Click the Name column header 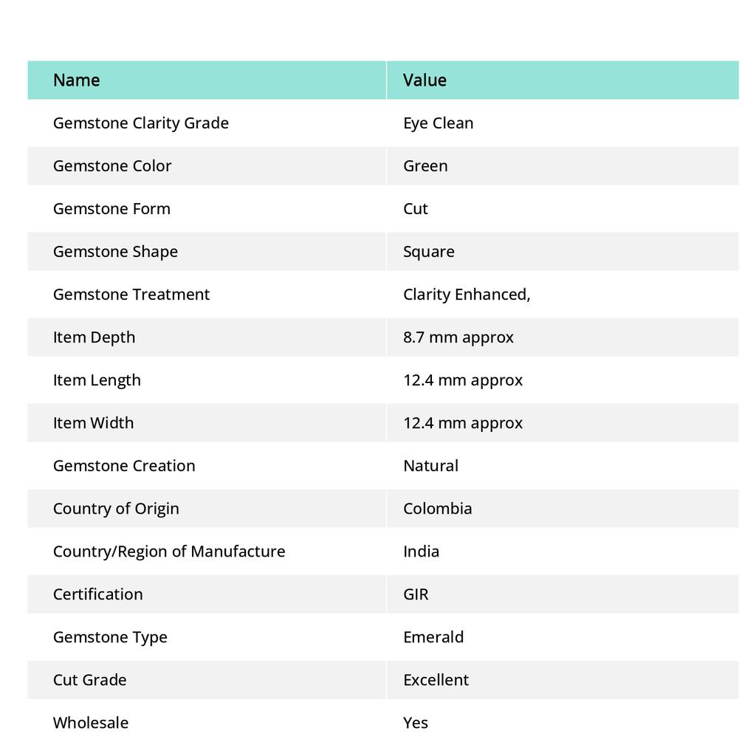(76, 80)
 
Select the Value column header (425, 80)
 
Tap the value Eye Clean (438, 123)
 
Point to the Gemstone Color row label (112, 165)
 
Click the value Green (425, 165)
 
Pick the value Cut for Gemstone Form (416, 208)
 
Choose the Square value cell (429, 251)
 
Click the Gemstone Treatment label (131, 294)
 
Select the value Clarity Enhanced (466, 294)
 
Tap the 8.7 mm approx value (458, 337)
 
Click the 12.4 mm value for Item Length (462, 379)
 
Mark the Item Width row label (93, 422)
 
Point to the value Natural (430, 465)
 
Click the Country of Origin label (116, 508)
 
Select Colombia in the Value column (437, 508)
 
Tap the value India (421, 551)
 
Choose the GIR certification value (416, 594)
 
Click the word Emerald (433, 636)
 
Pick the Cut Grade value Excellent (436, 679)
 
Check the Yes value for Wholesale (416, 722)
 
